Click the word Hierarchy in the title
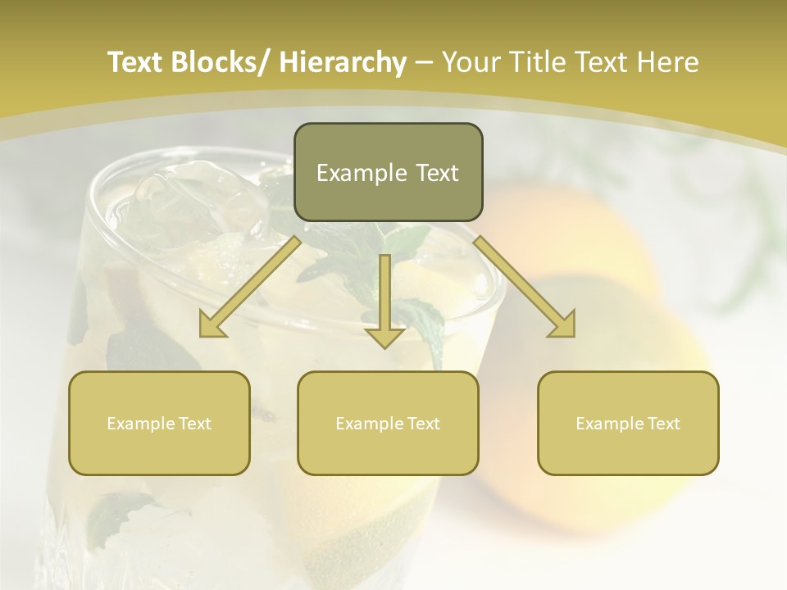point(343,62)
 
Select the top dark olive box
point(388,172)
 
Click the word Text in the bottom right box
point(663,424)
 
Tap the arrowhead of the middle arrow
point(384,336)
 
